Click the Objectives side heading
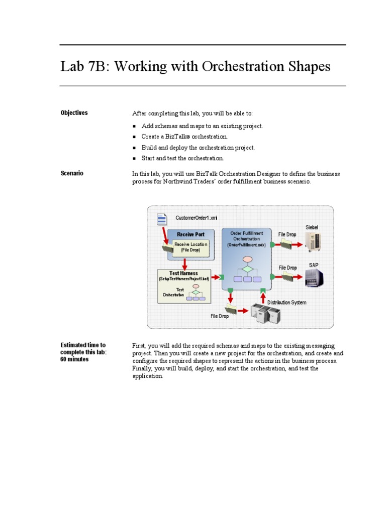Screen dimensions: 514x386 tap(74, 113)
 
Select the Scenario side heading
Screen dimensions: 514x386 tap(72, 173)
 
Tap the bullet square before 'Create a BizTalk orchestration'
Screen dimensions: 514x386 tap(135, 137)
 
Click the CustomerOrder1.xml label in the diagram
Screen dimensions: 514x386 tap(197, 218)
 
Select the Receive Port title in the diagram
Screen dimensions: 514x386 tap(190, 234)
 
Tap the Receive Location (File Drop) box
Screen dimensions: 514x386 tap(190, 247)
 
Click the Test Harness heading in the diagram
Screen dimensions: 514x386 tap(184, 274)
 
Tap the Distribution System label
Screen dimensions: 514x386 tap(286, 303)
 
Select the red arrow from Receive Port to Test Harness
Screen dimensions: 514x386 tap(185, 264)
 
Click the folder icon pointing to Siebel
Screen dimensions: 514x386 tap(286, 244)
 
